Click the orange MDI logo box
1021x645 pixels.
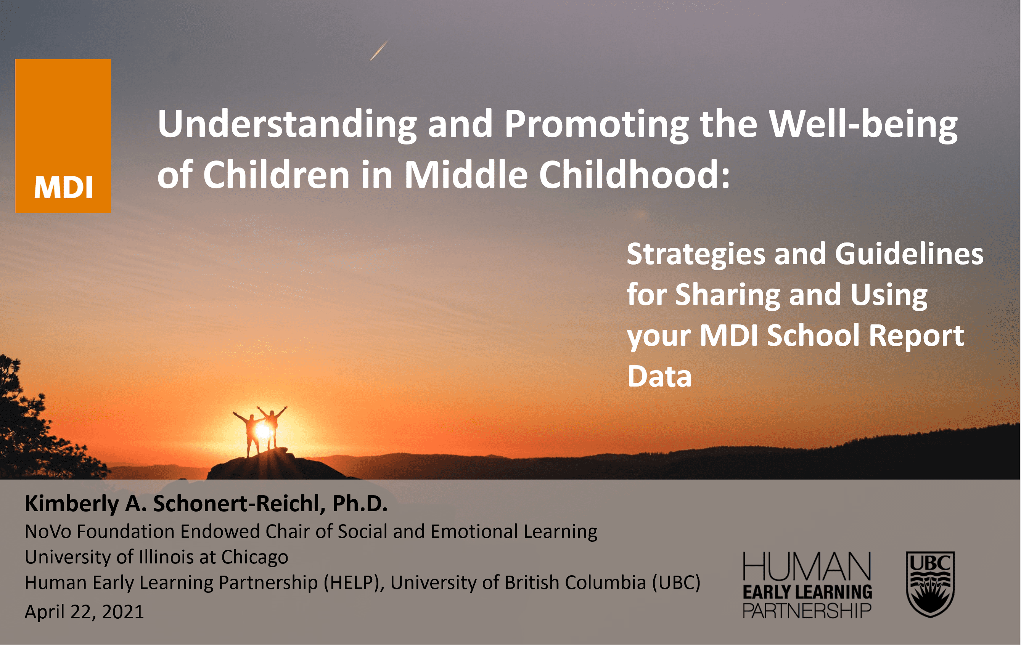pyautogui.click(x=63, y=136)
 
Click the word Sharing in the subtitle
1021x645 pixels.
pyautogui.click(x=728, y=295)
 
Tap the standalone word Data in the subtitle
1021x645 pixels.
pyautogui.click(x=659, y=376)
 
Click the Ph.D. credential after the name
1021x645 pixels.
pyautogui.click(x=360, y=504)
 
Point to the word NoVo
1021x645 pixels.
pyautogui.click(x=48, y=531)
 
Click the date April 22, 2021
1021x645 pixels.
pyautogui.click(x=84, y=612)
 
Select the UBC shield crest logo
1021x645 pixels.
pyautogui.click(x=930, y=584)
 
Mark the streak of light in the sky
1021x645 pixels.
pyautogui.click(x=379, y=50)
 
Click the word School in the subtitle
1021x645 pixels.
pyautogui.click(x=813, y=335)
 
